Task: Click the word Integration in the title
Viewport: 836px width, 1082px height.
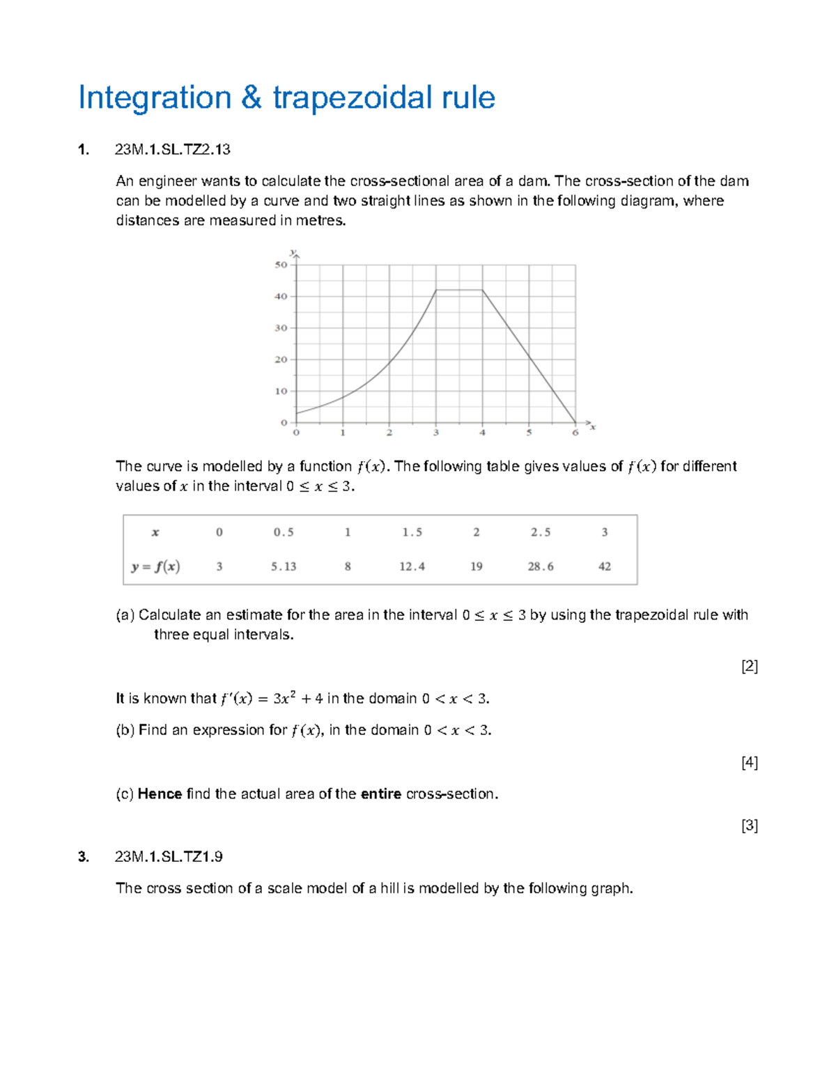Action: [x=154, y=98]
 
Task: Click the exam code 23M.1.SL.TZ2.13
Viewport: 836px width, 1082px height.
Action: [x=172, y=150]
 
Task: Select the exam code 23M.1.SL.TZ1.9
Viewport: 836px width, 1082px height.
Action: [x=169, y=857]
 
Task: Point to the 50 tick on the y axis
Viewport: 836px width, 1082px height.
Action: [x=281, y=265]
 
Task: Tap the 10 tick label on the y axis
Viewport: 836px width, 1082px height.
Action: [x=281, y=391]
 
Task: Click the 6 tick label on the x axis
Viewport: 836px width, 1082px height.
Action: [x=575, y=433]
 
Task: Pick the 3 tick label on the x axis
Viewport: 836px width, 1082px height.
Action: [x=436, y=433]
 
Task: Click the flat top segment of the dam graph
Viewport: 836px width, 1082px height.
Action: [x=459, y=290]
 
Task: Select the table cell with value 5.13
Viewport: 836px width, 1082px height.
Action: [x=284, y=566]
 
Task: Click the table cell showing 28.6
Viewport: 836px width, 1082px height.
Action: [x=541, y=566]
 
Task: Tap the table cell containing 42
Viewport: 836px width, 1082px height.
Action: [x=605, y=566]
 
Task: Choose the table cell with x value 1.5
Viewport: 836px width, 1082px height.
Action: [x=412, y=532]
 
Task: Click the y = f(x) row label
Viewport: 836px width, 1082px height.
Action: [x=155, y=566]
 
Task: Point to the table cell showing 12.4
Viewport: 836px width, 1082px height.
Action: [x=412, y=566]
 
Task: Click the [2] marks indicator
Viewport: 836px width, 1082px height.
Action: [x=750, y=666]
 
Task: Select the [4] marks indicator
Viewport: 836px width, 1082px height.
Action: [x=750, y=762]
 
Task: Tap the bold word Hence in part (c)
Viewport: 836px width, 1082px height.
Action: [x=160, y=794]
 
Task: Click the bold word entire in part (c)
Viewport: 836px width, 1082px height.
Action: [x=380, y=794]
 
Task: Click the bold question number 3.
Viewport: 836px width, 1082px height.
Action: [x=84, y=857]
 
